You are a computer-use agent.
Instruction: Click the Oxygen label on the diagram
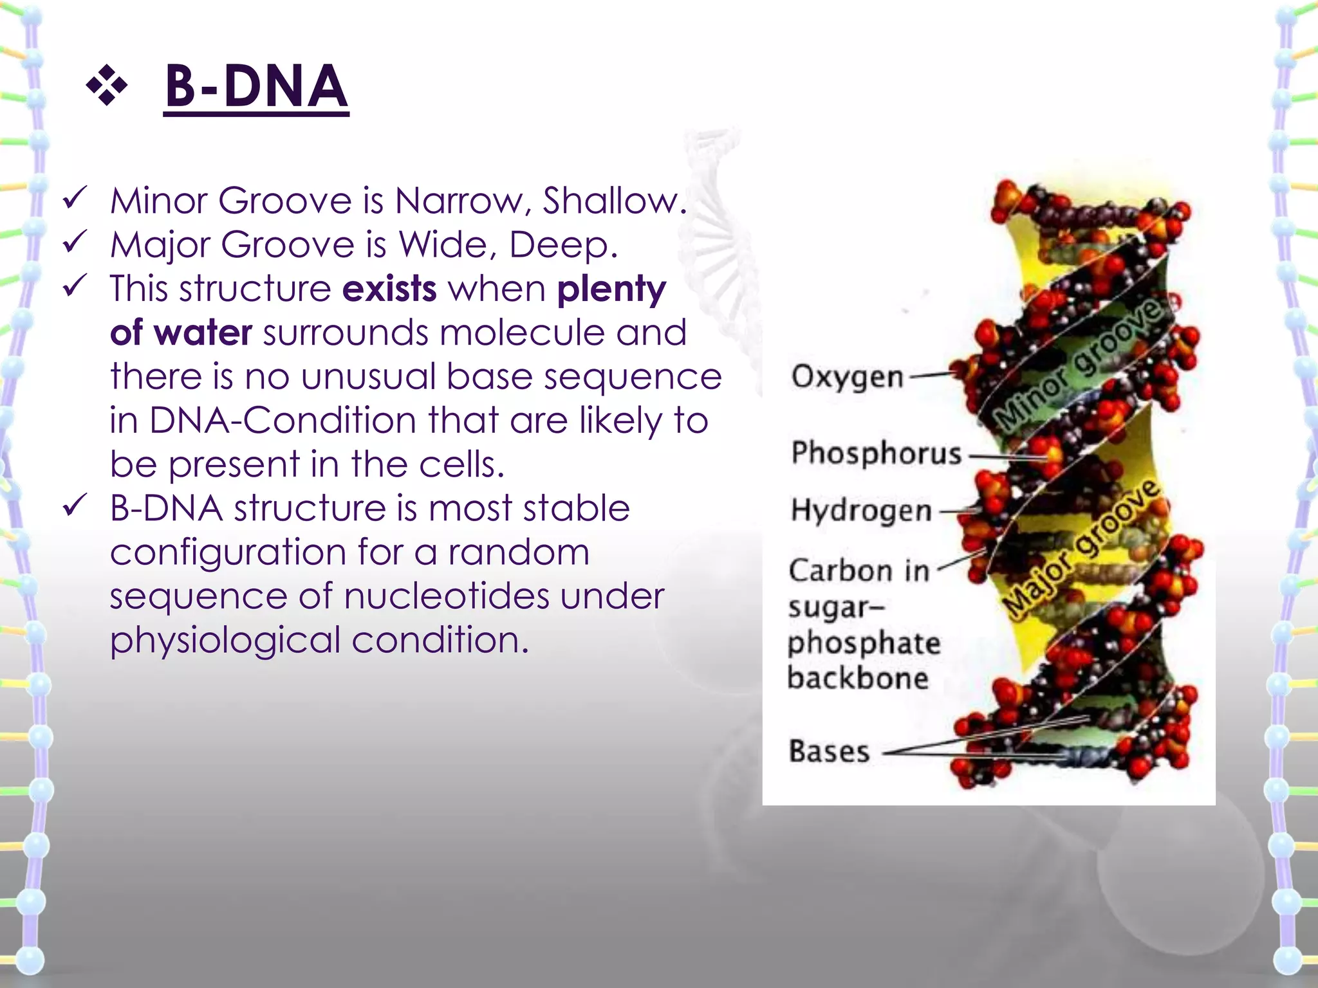pos(847,377)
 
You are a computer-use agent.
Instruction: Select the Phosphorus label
pos(876,453)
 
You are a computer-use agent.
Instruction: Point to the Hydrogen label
pos(861,511)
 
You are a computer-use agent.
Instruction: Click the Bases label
pos(829,751)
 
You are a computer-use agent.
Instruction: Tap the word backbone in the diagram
pos(858,678)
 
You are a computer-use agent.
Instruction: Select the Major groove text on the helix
pos(1082,551)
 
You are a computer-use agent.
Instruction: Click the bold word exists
pos(389,289)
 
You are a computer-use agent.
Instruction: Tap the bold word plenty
pos(611,289)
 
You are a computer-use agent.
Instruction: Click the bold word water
pos(203,333)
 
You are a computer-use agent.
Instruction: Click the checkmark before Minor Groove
pos(75,199)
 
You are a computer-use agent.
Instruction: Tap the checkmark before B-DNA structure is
pos(75,506)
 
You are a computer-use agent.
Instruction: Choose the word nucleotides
pos(447,596)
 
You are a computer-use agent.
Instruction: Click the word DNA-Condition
pos(283,421)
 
